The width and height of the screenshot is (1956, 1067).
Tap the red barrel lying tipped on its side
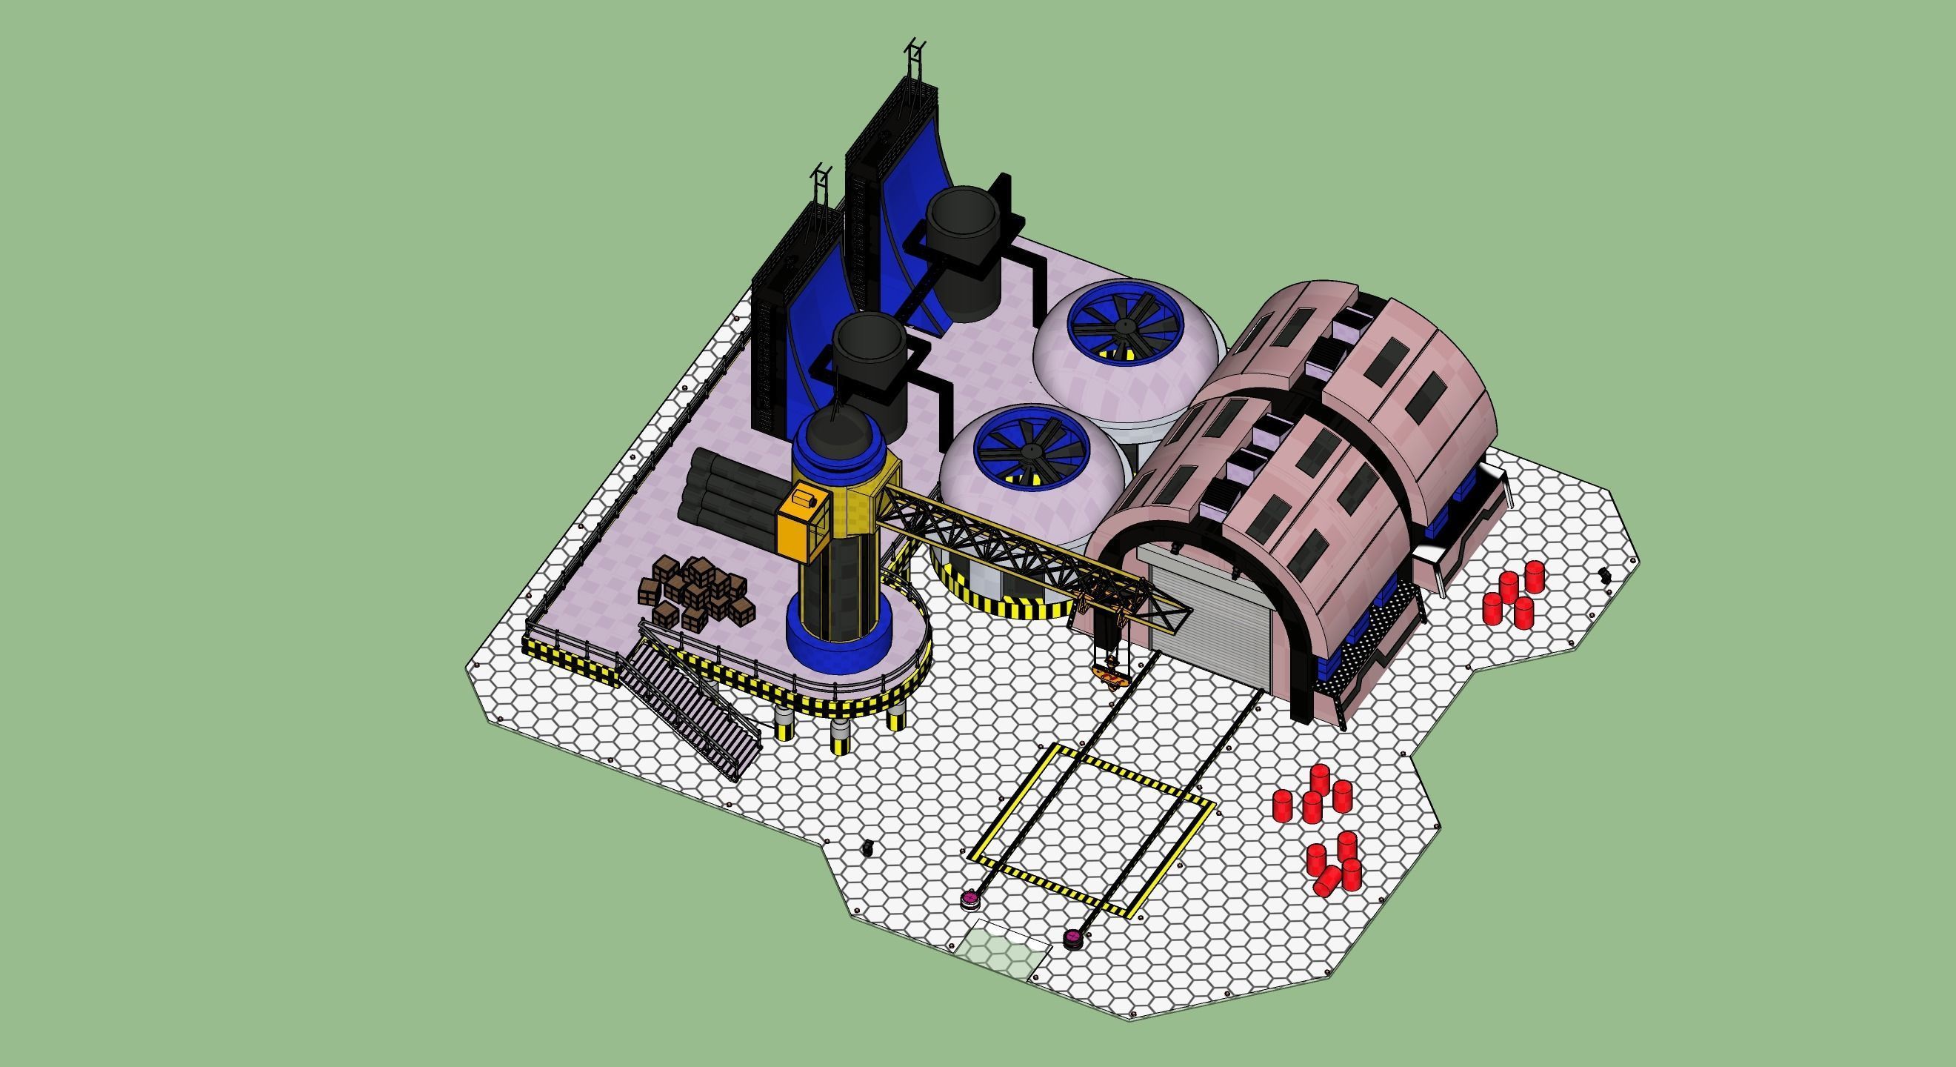1328,880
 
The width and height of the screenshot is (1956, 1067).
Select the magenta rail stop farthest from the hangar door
969,901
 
